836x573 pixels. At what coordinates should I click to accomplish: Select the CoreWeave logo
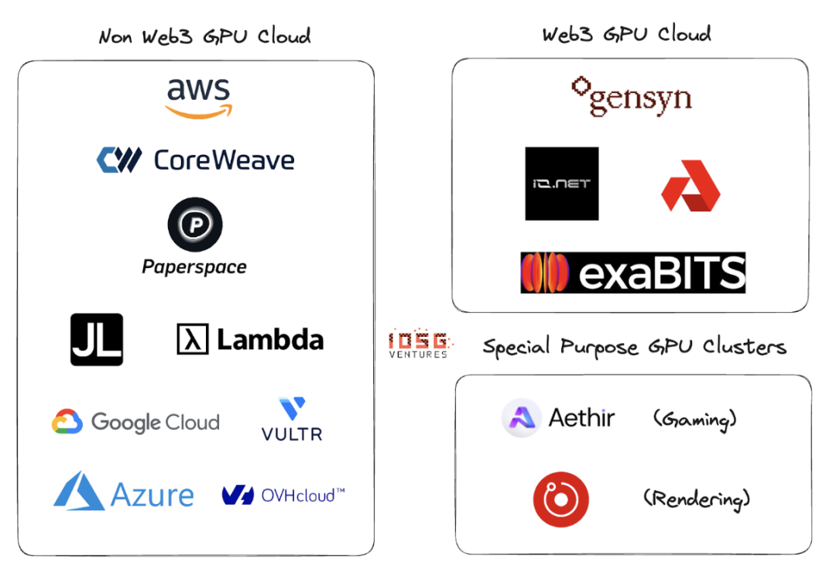pos(195,160)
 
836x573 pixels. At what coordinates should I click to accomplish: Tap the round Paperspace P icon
pos(195,225)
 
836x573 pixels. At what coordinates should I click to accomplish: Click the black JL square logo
pos(97,339)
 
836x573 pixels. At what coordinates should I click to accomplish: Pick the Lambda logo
pos(250,340)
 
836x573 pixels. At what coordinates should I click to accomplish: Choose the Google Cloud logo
pos(135,422)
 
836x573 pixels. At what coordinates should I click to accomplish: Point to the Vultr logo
pos(292,419)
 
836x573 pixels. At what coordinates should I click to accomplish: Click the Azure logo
pos(124,492)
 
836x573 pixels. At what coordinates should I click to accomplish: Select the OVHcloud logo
pos(283,495)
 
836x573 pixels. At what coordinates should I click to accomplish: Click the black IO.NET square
pos(561,184)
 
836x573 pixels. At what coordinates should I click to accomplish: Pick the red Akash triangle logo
pos(690,186)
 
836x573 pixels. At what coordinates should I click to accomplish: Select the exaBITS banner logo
pos(632,273)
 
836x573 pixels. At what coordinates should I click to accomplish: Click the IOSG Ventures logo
pos(419,345)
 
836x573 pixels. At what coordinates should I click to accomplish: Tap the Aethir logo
pos(558,418)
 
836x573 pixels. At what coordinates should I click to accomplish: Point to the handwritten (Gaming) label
pos(694,420)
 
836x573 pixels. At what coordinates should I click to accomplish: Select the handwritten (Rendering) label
pos(697,499)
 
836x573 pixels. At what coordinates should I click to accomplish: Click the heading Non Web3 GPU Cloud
pos(204,36)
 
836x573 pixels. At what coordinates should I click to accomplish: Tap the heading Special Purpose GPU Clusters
pos(634,346)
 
